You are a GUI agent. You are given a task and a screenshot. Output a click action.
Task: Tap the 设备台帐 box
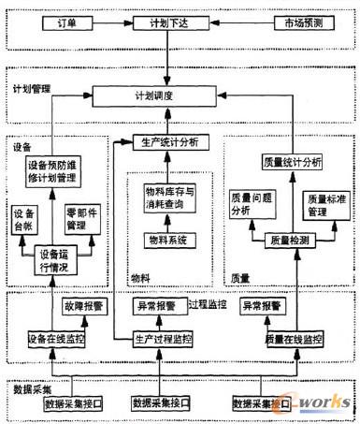coord(24,218)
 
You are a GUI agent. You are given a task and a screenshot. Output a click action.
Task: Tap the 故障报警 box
coord(79,306)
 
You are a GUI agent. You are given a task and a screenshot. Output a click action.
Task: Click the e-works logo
coord(319,404)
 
